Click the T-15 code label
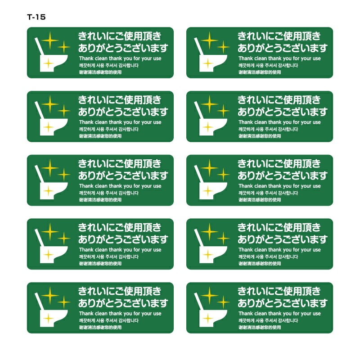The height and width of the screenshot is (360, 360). tap(36, 17)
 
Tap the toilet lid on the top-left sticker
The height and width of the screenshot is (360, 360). tap(39, 46)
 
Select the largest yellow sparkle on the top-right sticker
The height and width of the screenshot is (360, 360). tap(209, 40)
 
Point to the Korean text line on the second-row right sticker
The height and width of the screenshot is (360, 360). tap(268, 129)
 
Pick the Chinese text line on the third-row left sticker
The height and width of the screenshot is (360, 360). tap(100, 200)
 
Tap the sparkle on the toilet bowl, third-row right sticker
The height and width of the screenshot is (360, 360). tap(208, 191)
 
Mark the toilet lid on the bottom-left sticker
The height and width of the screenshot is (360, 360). tap(39, 301)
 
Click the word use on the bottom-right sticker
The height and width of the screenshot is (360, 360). tap(317, 314)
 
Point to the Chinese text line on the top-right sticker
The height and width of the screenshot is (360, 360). tap(260, 72)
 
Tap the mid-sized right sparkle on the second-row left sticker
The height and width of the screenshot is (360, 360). tap(63, 111)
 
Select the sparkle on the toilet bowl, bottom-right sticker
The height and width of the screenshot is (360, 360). tap(208, 319)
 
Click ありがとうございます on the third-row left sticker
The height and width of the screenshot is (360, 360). tap(123, 175)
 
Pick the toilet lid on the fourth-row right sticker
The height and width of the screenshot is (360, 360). tap(198, 238)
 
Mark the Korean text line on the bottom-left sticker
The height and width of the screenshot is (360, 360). tap(109, 320)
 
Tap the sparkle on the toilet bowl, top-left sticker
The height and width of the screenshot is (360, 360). tap(49, 63)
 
